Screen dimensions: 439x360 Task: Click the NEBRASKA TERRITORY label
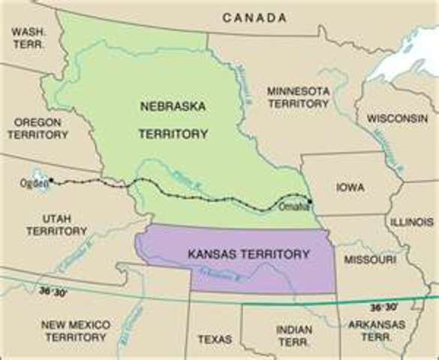click(x=172, y=119)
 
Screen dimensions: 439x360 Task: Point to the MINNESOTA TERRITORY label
click(x=298, y=97)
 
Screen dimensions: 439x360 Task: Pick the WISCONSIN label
click(x=397, y=118)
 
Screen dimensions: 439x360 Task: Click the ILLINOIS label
click(x=411, y=223)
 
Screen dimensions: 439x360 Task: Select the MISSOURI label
click(x=369, y=259)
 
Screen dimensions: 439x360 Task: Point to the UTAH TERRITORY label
click(x=56, y=224)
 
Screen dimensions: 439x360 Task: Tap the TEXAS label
click(x=215, y=339)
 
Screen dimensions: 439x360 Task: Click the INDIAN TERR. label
click(x=294, y=334)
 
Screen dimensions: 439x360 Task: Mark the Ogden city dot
click(x=50, y=181)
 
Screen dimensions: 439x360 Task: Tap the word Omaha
click(x=292, y=207)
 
